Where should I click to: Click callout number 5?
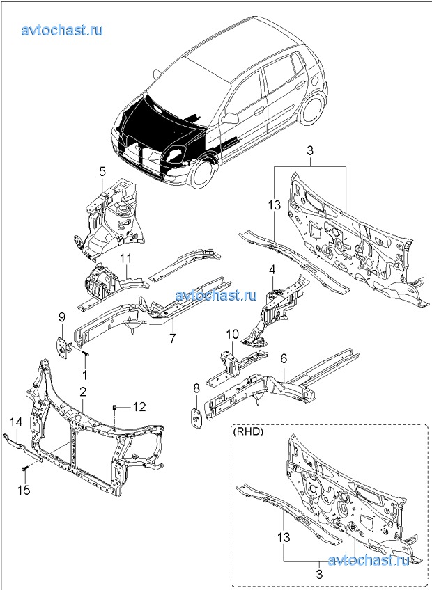click(x=102, y=172)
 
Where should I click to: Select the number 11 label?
click(x=126, y=259)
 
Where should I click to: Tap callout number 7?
click(x=172, y=338)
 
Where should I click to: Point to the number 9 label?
click(x=62, y=319)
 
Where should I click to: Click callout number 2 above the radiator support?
click(x=83, y=392)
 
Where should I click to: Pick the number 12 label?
click(x=139, y=407)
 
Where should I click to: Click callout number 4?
click(x=272, y=270)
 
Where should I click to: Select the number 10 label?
click(x=233, y=334)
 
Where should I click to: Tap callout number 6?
click(x=284, y=358)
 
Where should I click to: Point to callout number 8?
click(x=196, y=389)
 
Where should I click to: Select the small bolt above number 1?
click(x=84, y=353)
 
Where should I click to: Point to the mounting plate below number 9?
click(x=61, y=346)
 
